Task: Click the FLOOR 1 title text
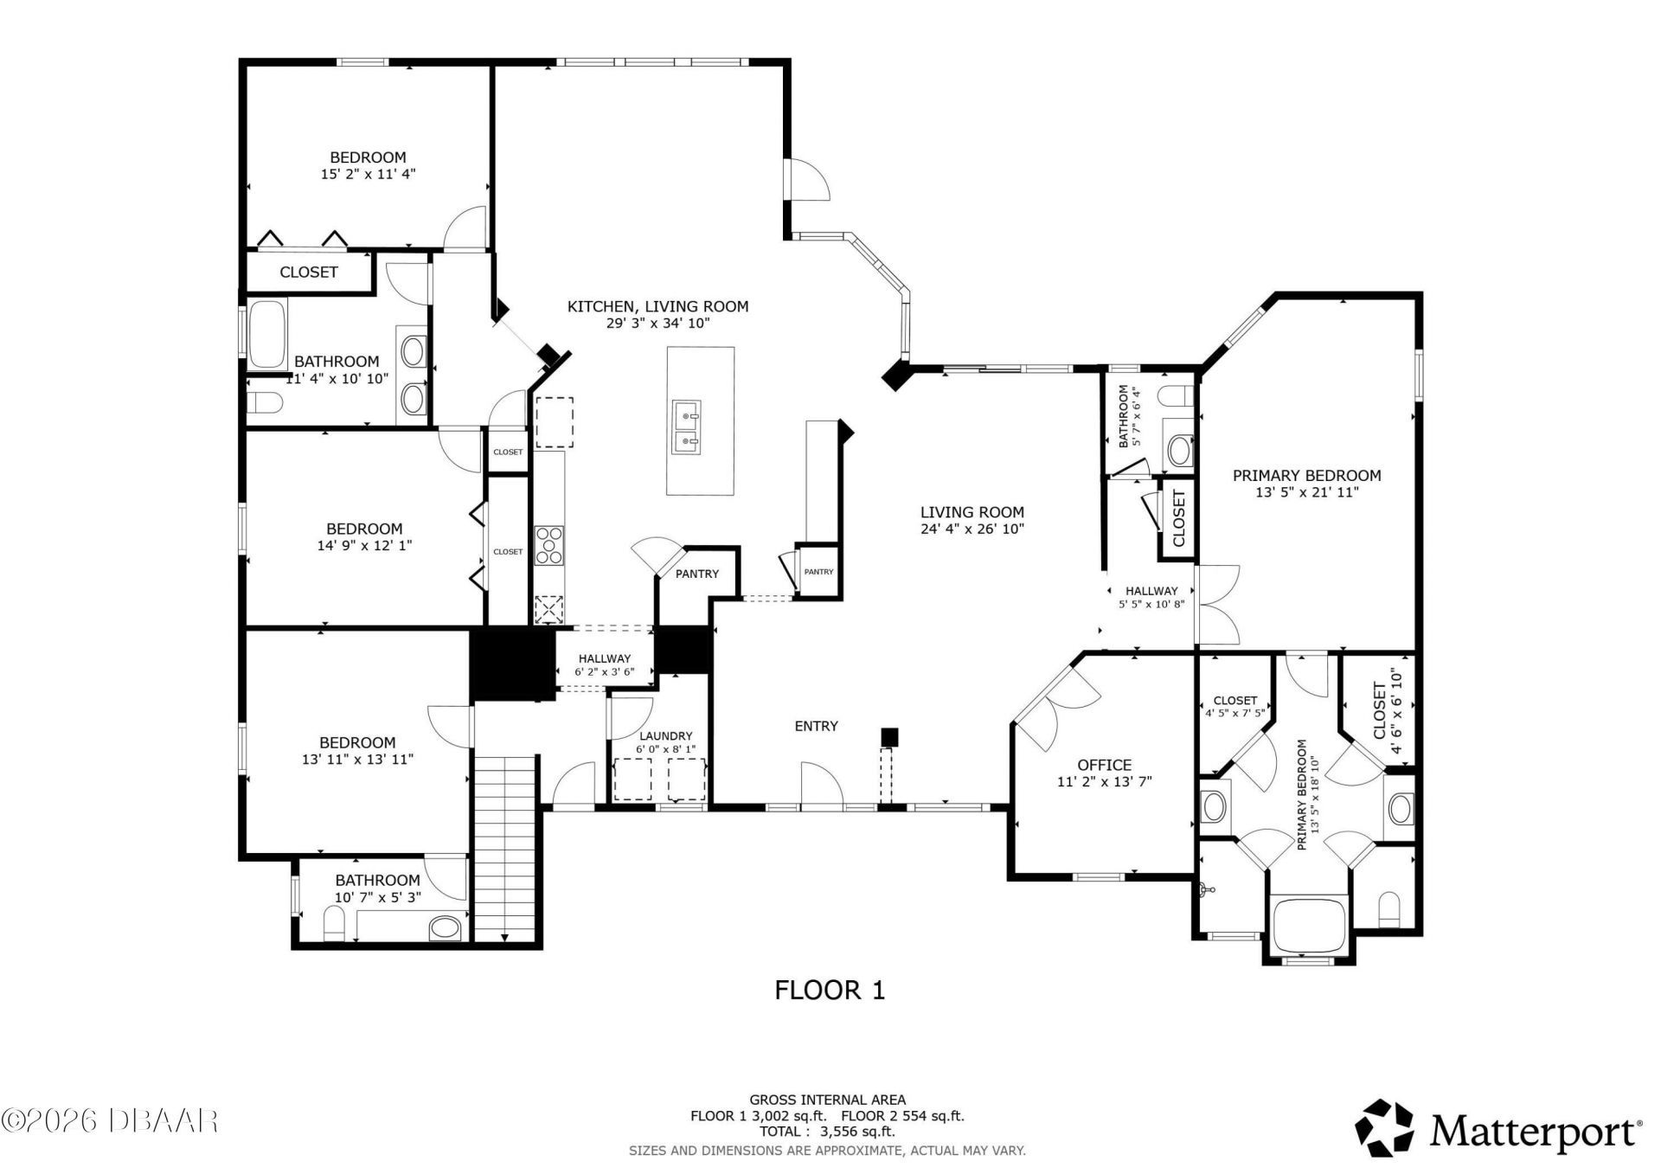829,990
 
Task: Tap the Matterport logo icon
1383,1128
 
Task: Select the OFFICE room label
1104,765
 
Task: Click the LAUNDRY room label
665,736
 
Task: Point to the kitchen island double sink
687,427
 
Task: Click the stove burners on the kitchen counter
548,545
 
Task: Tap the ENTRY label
816,726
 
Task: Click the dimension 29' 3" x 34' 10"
657,324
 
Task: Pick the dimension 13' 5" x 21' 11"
1306,492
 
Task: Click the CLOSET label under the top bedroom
308,272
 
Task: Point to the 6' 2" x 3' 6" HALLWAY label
604,664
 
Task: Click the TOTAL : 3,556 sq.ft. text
827,1131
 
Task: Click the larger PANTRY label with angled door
696,574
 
